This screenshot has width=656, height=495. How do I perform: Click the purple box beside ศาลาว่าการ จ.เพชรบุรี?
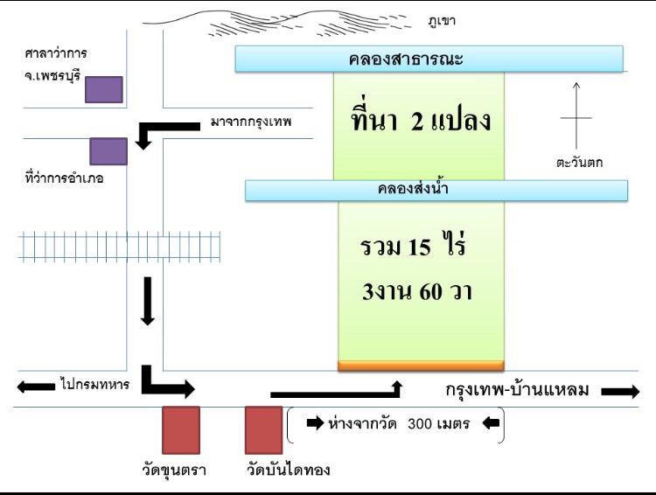[x=104, y=89]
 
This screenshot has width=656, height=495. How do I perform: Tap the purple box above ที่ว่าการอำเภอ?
[x=108, y=151]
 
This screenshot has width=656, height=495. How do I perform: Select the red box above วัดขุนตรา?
[x=181, y=429]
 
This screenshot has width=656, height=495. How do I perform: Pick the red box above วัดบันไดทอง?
[x=263, y=429]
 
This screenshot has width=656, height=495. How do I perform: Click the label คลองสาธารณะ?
[x=406, y=59]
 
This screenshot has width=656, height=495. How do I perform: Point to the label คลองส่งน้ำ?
[x=413, y=189]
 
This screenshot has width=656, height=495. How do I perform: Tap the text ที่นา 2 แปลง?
[x=421, y=120]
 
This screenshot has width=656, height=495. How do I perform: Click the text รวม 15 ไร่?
[x=413, y=244]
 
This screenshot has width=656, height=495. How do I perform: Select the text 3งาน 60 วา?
[x=417, y=291]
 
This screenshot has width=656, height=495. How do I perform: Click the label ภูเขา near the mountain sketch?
[x=442, y=21]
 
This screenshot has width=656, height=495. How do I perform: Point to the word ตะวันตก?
[x=579, y=163]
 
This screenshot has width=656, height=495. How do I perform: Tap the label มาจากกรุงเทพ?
[x=251, y=122]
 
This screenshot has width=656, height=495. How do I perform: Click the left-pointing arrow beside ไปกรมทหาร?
[x=36, y=387]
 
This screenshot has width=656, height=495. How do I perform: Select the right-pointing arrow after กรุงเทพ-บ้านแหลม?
[x=620, y=392]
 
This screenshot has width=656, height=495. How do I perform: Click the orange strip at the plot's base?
[x=421, y=366]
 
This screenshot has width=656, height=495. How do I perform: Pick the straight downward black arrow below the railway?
[x=147, y=301]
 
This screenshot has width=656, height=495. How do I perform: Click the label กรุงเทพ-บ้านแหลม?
[x=517, y=389]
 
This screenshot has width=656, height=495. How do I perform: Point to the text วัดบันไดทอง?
[x=289, y=470]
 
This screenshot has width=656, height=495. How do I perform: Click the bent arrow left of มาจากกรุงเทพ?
[x=167, y=126]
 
